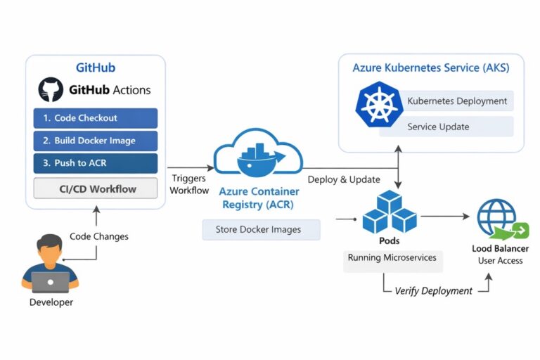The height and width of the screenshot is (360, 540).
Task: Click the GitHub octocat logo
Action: click(x=50, y=90)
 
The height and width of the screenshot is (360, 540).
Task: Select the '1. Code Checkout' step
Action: click(x=96, y=118)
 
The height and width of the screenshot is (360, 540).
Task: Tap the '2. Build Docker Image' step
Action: click(x=96, y=141)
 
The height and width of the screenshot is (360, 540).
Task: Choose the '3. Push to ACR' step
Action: click(x=96, y=163)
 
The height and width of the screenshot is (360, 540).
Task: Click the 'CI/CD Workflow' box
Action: click(x=96, y=188)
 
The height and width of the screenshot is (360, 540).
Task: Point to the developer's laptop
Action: click(x=50, y=281)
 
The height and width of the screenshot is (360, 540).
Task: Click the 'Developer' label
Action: click(x=51, y=302)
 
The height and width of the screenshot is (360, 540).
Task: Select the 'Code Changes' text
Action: click(x=99, y=236)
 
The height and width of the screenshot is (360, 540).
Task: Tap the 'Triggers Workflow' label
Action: click(x=189, y=185)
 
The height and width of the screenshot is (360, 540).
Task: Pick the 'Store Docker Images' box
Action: click(x=261, y=229)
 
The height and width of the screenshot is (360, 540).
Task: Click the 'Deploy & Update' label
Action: click(x=344, y=179)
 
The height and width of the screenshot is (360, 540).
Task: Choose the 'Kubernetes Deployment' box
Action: click(x=456, y=101)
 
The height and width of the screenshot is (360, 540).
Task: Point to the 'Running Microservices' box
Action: click(x=392, y=258)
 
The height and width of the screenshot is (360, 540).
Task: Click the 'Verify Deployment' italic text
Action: click(x=433, y=290)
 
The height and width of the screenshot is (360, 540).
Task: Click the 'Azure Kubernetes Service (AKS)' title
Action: click(x=431, y=68)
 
